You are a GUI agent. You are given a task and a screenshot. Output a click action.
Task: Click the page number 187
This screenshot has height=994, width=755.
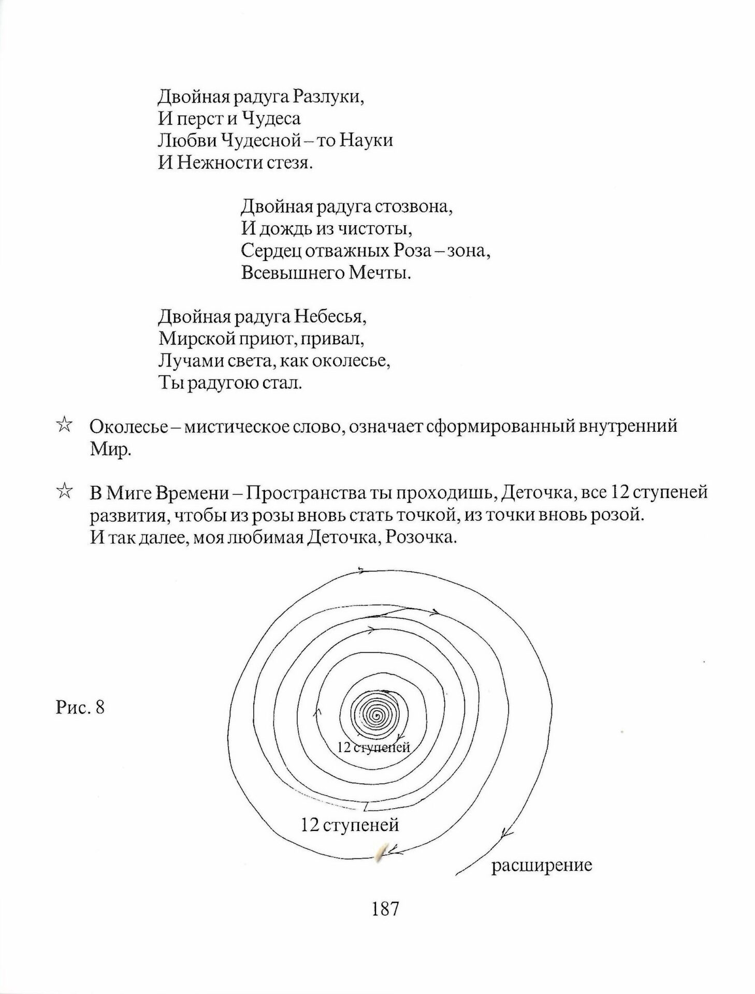385,923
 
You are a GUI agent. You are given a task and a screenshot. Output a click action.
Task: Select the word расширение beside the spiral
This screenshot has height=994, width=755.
541,865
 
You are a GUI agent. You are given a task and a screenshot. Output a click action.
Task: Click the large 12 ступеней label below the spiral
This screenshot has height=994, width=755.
350,824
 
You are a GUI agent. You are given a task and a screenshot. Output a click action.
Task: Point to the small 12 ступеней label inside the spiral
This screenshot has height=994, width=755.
373,748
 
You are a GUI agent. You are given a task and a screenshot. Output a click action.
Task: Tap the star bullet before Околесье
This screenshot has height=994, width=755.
64,426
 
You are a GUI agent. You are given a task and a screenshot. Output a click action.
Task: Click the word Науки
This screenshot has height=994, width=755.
367,140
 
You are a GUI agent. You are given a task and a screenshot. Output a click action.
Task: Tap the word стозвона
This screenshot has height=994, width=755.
414,207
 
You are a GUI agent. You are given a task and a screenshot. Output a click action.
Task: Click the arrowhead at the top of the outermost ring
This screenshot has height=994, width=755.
361,571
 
